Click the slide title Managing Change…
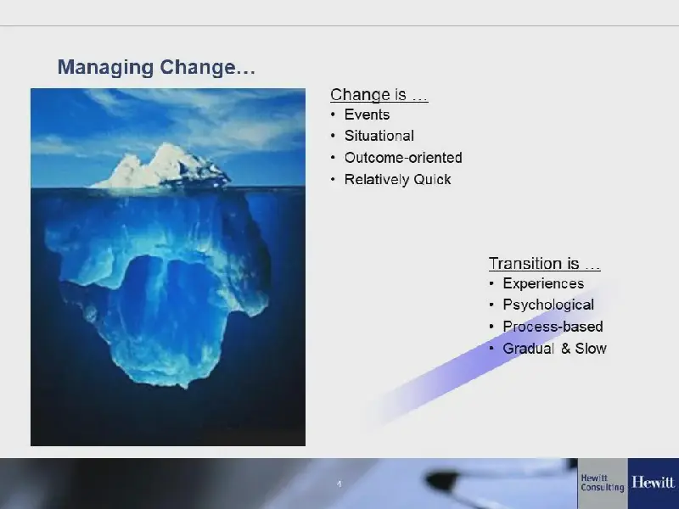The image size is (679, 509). point(156,68)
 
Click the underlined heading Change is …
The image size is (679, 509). point(379,95)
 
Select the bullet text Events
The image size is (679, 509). point(367,115)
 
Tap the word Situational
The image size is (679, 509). point(379,136)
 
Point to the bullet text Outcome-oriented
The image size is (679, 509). point(403,158)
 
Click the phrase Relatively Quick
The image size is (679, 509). point(397,179)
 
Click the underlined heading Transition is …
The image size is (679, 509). point(544,264)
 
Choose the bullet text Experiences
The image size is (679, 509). point(543,283)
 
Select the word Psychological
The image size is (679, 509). point(548,305)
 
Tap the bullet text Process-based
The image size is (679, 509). point(553,327)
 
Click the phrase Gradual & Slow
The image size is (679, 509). point(554,349)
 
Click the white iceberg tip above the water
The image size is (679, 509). point(161,168)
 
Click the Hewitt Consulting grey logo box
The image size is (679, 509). point(603,484)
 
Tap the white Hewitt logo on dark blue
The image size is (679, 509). point(653,482)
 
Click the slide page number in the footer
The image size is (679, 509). point(339,484)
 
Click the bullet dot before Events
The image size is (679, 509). point(333,115)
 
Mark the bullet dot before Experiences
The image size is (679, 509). point(491,283)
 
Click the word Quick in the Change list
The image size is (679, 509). point(432,179)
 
